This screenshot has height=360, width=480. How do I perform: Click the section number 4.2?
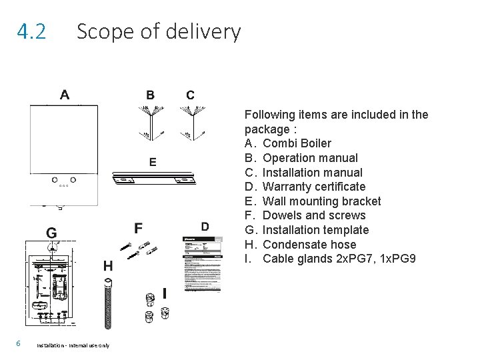(x=32, y=31)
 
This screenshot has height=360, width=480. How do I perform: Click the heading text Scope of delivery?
(x=158, y=31)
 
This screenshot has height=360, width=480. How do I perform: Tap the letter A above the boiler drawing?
(x=64, y=95)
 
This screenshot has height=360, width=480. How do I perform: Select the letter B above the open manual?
(x=151, y=95)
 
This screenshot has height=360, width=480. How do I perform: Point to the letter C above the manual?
(x=191, y=95)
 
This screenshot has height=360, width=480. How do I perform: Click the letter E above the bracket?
(x=153, y=161)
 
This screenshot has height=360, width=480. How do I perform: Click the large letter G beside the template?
(x=51, y=233)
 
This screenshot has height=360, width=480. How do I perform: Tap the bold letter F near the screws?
(x=138, y=228)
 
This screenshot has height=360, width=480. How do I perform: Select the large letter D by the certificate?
(x=205, y=227)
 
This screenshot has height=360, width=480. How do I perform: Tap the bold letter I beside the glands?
(x=164, y=293)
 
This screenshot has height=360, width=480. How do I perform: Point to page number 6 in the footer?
(x=21, y=343)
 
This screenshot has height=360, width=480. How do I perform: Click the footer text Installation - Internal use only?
(x=73, y=345)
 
